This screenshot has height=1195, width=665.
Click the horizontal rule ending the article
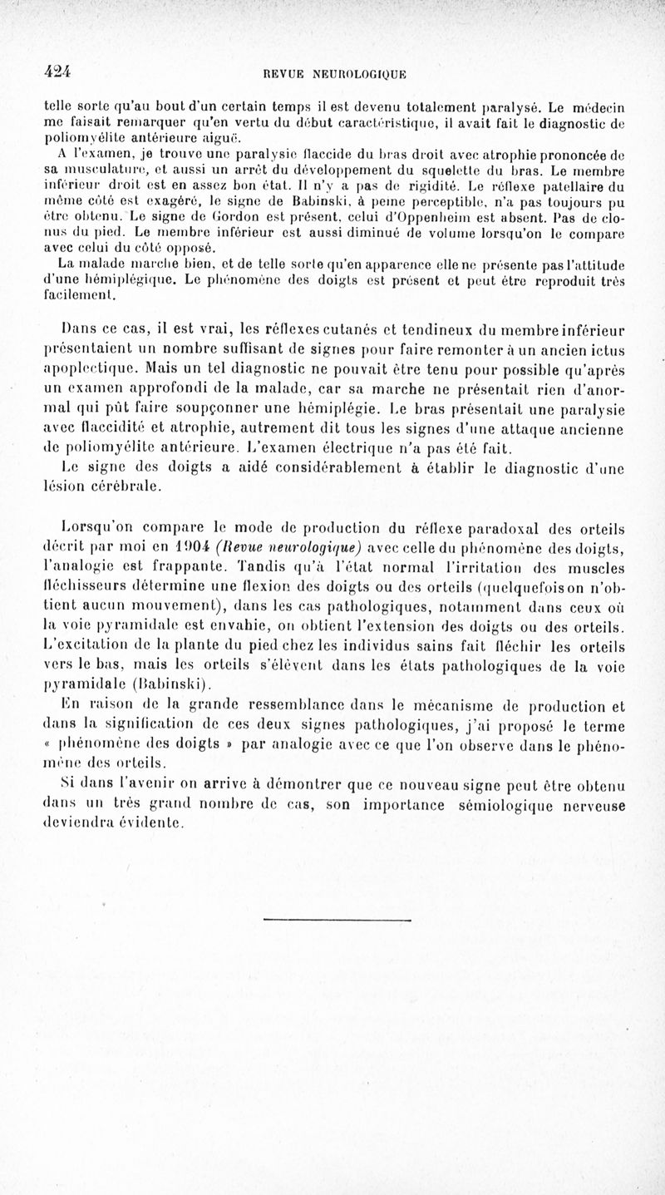click(337, 919)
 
